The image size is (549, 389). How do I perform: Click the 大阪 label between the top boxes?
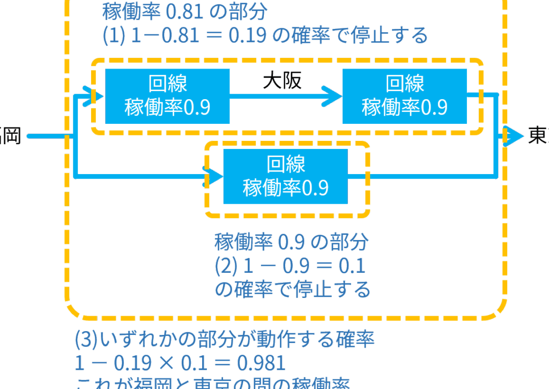(282, 80)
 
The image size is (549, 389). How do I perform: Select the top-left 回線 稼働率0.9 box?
(167, 96)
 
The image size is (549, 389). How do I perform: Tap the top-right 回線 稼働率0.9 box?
(404, 96)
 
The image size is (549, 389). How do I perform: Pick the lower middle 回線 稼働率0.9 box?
(285, 176)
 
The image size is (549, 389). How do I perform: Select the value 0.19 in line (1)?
(247, 35)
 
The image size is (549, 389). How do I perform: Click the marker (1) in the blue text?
(114, 35)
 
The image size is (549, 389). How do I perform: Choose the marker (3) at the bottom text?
(86, 339)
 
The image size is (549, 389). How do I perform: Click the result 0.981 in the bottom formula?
(261, 363)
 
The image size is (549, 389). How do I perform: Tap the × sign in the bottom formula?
(163, 363)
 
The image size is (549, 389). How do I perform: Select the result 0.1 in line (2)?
(352, 266)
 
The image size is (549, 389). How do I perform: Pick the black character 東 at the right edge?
(538, 136)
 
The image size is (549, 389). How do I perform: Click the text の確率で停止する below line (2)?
(292, 289)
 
